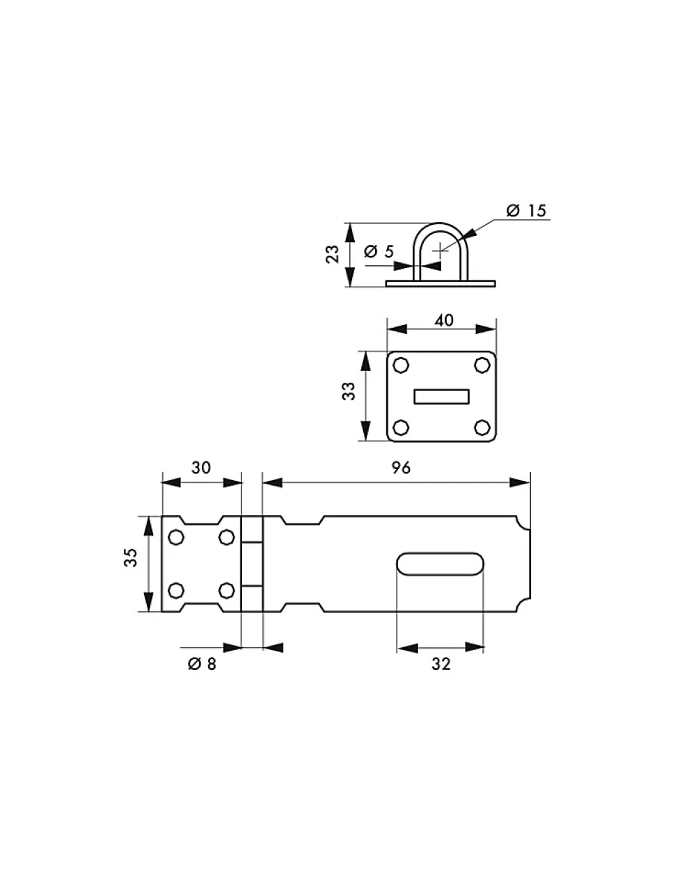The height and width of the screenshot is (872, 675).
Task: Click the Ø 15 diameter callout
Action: point(526,210)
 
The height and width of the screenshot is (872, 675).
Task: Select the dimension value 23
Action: point(333,254)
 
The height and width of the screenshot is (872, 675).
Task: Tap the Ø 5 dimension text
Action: point(379,252)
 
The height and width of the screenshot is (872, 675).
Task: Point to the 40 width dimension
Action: point(443,320)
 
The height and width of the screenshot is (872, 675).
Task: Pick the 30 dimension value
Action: point(201,468)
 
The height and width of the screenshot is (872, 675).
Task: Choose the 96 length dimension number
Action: point(401,468)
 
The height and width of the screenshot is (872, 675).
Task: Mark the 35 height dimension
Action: point(131,557)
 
